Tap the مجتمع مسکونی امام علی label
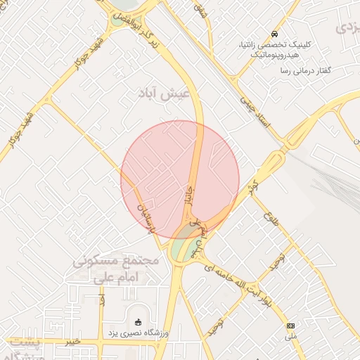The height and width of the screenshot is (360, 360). pyautogui.click(x=117, y=268)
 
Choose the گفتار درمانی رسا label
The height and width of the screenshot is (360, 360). pyautogui.click(x=306, y=71)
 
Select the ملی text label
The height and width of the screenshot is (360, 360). pyautogui.click(x=290, y=338)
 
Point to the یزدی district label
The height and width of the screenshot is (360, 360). pyautogui.click(x=347, y=28)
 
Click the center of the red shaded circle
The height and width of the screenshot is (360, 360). pyautogui.click(x=180, y=180)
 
